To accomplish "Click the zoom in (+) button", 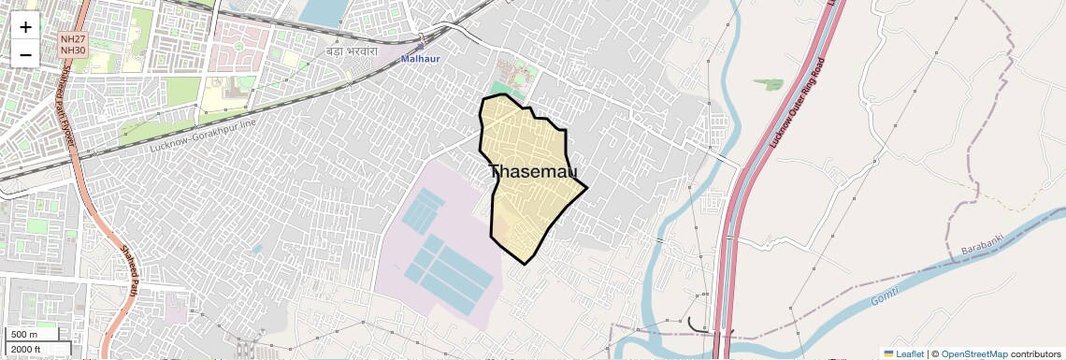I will pyautogui.click(x=25, y=27).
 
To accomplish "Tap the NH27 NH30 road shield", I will pyautogui.click(x=72, y=44).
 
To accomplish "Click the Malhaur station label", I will pyautogui.click(x=420, y=58).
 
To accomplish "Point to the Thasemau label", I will pyautogui.click(x=533, y=172).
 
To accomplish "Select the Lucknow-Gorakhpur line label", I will pyautogui.click(x=203, y=137).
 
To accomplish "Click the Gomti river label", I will pyautogui.click(x=885, y=297).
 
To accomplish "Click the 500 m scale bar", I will pyautogui.click(x=33, y=335).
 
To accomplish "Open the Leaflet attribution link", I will pyautogui.click(x=910, y=354).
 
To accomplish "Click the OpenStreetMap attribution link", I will pyautogui.click(x=973, y=354).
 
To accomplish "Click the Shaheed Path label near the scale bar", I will pyautogui.click(x=130, y=267).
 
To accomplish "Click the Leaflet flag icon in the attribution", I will pyautogui.click(x=889, y=354).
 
